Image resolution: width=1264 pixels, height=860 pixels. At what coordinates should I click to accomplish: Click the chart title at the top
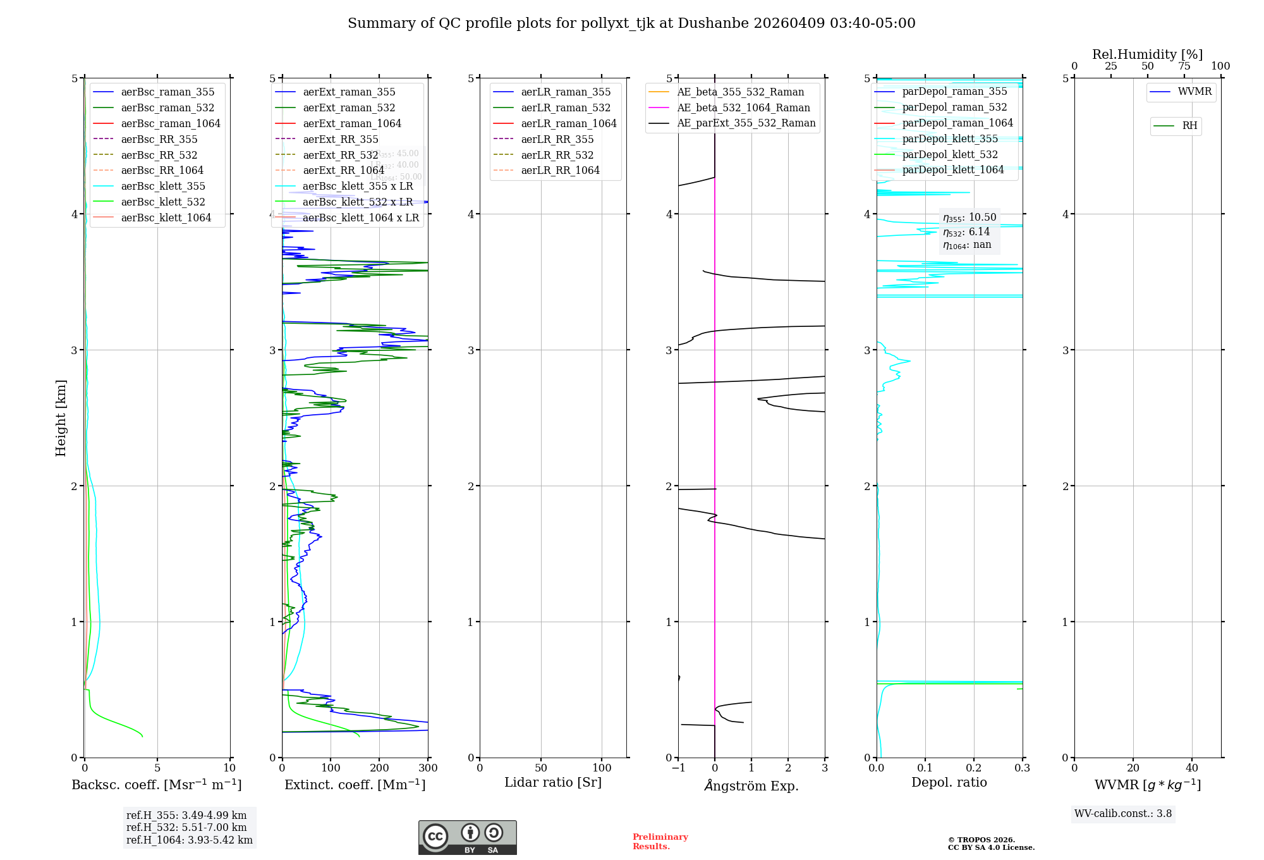point(631,23)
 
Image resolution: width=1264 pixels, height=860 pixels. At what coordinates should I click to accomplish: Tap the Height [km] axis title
point(61,418)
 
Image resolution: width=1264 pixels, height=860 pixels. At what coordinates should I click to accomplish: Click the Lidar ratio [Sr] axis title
point(553,783)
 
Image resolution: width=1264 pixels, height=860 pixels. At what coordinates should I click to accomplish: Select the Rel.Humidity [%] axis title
point(1147,54)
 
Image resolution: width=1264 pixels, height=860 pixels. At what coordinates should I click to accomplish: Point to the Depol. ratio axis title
point(949,783)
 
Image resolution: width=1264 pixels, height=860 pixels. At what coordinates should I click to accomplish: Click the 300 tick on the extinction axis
point(428,768)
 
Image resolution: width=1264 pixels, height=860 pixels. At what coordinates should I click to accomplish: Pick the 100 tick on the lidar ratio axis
point(602,768)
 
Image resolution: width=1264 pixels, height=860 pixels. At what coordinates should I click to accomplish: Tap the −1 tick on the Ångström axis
point(678,768)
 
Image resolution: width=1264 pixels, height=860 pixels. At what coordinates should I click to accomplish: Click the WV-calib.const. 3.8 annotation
point(1123,814)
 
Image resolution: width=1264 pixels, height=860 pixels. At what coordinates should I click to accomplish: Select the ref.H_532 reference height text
point(186,828)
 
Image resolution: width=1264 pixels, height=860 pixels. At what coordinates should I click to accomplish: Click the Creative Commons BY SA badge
point(467,838)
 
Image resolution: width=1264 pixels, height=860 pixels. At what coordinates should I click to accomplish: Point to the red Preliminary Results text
point(660,842)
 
